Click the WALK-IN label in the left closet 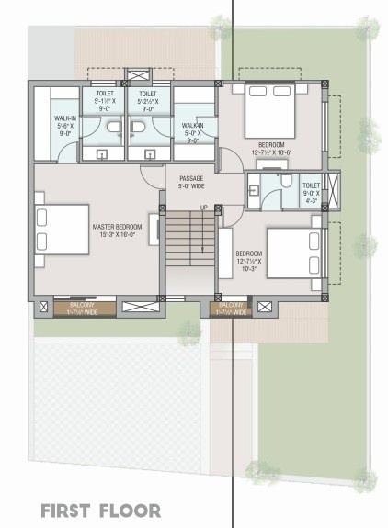(64, 124)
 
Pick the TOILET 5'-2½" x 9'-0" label (148, 100)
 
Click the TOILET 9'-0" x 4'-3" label (311, 191)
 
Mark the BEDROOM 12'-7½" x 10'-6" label (271, 149)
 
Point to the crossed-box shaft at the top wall (140, 75)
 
